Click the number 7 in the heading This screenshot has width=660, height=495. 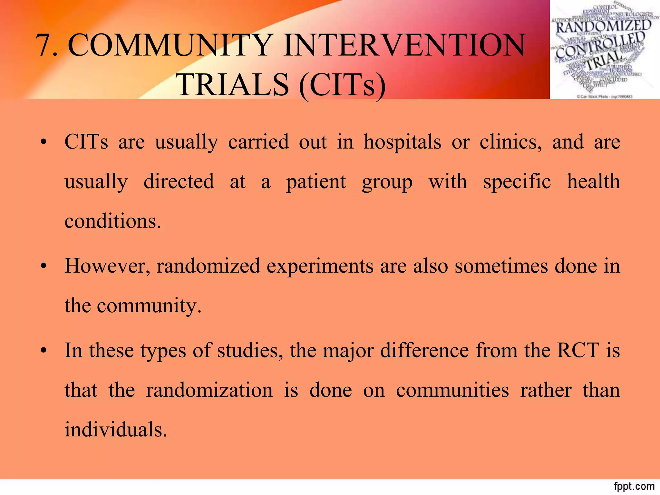[x=44, y=46]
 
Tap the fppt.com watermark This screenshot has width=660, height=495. [x=634, y=486]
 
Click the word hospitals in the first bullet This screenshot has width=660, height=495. [x=402, y=142]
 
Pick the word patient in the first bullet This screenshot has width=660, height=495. [x=316, y=182]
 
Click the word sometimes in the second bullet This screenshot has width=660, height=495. [x=501, y=266]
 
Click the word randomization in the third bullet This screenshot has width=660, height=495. [x=209, y=390]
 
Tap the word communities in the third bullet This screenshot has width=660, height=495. [x=452, y=390]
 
